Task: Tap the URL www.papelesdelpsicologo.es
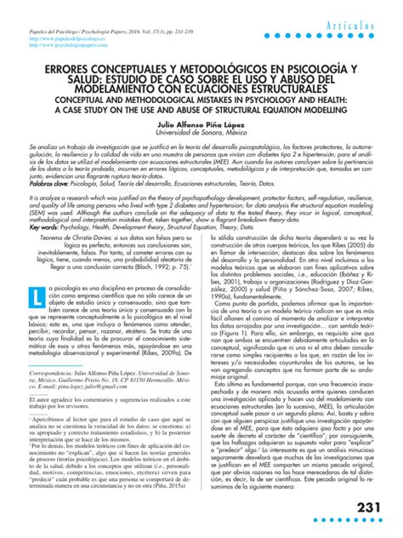tap(61, 39)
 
